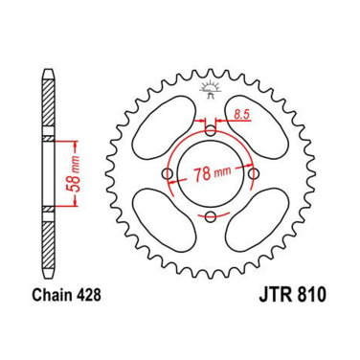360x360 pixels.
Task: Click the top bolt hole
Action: click(x=211, y=131)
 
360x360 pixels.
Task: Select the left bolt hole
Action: click(x=169, y=174)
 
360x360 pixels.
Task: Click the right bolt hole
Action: click(x=254, y=174)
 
